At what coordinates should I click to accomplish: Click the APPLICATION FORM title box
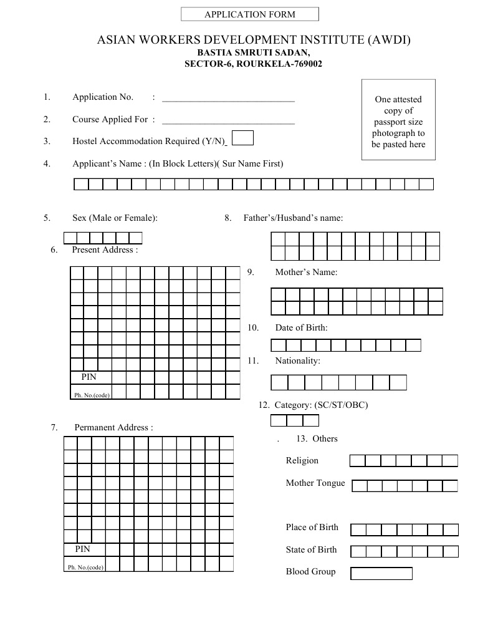pyautogui.click(x=249, y=14)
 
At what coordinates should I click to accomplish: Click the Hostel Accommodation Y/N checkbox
pyautogui.click(x=242, y=138)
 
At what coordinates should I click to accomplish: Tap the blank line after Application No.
pyautogui.click(x=227, y=98)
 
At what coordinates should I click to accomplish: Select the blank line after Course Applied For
pyautogui.click(x=227, y=120)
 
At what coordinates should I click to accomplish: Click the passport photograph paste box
pyautogui.click(x=398, y=120)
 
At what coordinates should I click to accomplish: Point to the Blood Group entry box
pyautogui.click(x=381, y=573)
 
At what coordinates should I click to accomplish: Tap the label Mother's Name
pyautogui.click(x=306, y=273)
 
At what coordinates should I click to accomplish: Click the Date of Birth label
pyautogui.click(x=301, y=327)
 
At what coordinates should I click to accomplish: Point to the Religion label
pyautogui.click(x=302, y=460)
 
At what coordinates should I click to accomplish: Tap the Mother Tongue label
pyautogui.click(x=315, y=483)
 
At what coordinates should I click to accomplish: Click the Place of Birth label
pyautogui.click(x=312, y=527)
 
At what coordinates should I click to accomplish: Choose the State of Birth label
pyautogui.click(x=311, y=549)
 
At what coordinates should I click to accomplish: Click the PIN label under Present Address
pyautogui.click(x=89, y=377)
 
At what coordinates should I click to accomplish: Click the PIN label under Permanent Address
pyautogui.click(x=82, y=549)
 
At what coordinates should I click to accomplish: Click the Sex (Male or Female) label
pyautogui.click(x=115, y=218)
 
